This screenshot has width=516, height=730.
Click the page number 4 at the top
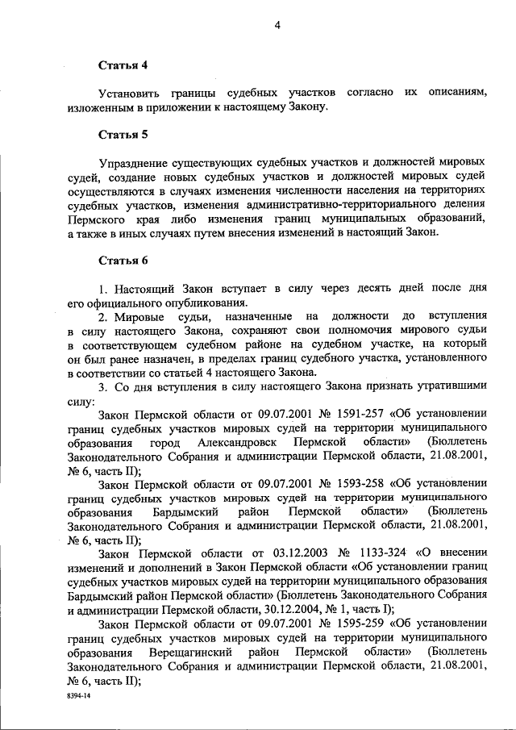[x=277, y=25]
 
